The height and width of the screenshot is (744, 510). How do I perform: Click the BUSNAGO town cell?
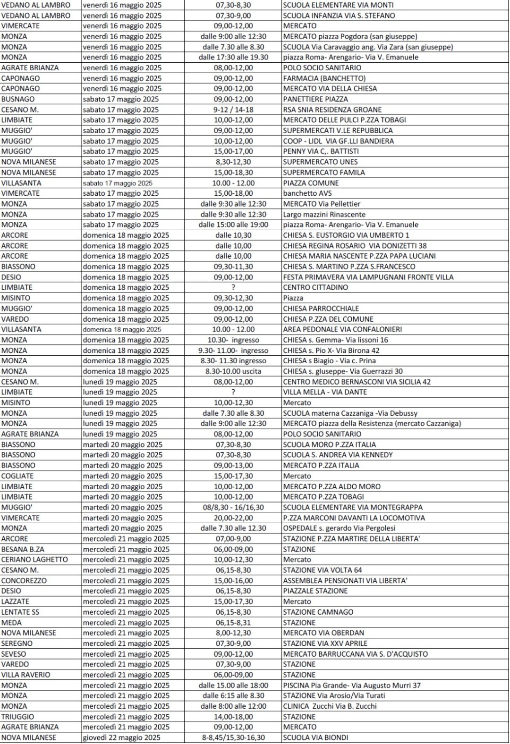[18, 99]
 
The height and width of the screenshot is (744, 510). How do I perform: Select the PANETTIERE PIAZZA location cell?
[315, 99]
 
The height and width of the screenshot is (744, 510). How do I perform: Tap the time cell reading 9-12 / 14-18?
[233, 109]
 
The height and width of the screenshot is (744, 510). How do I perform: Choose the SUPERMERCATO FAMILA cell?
[324, 172]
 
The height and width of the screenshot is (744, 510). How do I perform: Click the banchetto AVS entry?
[307, 193]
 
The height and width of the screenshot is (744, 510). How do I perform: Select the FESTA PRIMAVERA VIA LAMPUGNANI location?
[368, 277]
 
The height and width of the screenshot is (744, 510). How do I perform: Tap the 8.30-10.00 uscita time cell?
[233, 371]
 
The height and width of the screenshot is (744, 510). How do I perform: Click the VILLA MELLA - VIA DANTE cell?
[325, 392]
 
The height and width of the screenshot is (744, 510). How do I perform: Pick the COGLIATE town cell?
[18, 476]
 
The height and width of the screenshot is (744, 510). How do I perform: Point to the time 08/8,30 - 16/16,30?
[233, 507]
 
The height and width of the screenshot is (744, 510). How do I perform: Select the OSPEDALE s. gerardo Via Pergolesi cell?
[339, 528]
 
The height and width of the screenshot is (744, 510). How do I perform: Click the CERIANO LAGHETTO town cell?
[34, 560]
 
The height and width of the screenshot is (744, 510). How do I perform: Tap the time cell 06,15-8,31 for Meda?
[233, 622]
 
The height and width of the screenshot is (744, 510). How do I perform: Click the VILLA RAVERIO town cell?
[25, 675]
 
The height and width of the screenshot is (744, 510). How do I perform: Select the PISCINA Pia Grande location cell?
[352, 685]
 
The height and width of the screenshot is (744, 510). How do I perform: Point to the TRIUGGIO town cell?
[17, 717]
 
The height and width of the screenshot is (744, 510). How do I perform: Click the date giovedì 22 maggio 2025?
[121, 737]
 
